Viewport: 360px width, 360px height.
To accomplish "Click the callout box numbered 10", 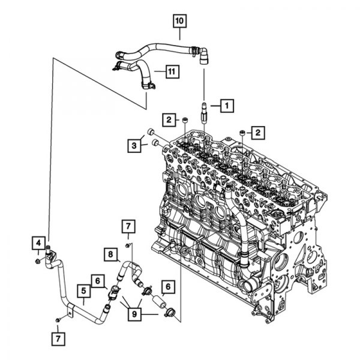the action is [x=179, y=21].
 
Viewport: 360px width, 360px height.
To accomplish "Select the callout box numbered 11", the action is [x=172, y=71].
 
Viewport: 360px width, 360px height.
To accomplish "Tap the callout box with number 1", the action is [x=227, y=106].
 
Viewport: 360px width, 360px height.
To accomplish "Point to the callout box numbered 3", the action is [x=134, y=146].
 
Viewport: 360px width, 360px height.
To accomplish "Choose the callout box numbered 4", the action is [x=38, y=243].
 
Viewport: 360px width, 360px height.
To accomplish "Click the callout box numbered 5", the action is [x=83, y=291].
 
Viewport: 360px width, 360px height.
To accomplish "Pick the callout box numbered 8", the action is [x=110, y=254].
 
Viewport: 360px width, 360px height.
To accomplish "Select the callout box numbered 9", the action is [x=134, y=314].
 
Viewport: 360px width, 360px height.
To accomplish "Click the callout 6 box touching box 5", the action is [x=98, y=281].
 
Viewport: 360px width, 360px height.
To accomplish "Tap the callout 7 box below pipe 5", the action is [x=58, y=339].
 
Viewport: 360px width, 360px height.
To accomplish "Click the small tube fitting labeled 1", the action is [x=204, y=113].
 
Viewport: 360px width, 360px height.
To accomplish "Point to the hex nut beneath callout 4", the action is [x=37, y=261].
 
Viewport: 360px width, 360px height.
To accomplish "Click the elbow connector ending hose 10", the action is [x=203, y=56].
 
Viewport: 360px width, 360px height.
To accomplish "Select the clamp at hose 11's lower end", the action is [x=148, y=86].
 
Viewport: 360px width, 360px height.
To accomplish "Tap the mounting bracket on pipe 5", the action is [x=71, y=310].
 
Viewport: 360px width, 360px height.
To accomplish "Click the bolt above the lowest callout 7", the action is [x=58, y=319].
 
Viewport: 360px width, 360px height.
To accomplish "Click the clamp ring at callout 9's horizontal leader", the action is [x=169, y=312].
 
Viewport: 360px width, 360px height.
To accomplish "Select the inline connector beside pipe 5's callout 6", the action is [x=113, y=292].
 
